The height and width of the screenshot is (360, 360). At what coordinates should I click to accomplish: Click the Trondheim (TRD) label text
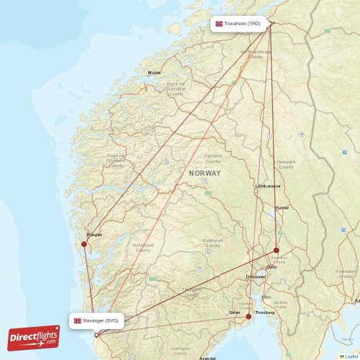point(242,24)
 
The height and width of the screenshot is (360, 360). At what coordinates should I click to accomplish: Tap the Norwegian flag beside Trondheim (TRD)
point(219,24)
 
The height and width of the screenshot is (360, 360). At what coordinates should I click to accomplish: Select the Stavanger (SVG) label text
point(102,320)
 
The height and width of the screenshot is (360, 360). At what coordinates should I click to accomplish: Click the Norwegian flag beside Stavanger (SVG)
point(78,320)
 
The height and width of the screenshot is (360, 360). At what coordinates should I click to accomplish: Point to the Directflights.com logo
point(34,337)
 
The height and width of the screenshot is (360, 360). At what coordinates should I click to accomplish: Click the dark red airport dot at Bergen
point(84,244)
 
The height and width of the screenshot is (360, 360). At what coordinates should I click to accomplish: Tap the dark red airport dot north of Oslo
point(276,251)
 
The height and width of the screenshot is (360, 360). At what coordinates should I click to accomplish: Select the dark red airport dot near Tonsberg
point(248,316)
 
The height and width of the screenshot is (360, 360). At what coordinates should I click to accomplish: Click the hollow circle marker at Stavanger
point(96,335)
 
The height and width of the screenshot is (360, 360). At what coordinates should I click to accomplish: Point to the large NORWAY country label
point(205,174)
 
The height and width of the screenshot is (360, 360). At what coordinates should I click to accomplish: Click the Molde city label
point(154,73)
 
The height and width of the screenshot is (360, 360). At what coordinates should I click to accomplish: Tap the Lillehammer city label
point(268,186)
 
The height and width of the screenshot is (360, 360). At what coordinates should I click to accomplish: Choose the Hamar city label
point(282,207)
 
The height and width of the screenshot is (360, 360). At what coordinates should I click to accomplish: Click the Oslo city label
point(272,267)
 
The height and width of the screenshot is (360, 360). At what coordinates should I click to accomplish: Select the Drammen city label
point(256,276)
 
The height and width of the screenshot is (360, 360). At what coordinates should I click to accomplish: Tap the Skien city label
point(234,312)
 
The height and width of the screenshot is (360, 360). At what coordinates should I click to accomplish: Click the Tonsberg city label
point(265,312)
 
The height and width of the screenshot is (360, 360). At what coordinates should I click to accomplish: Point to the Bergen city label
point(94,235)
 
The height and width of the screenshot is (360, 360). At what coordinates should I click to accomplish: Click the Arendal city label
point(207,358)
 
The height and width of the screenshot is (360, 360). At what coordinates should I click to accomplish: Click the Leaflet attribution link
point(351,356)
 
